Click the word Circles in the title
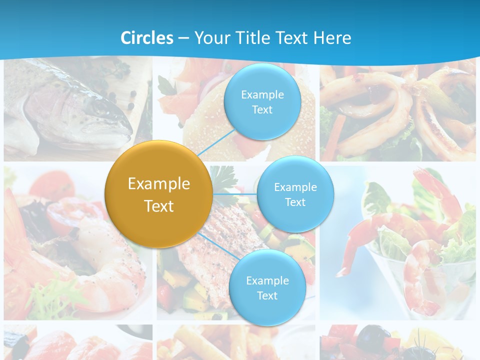[147, 38]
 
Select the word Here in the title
[332, 38]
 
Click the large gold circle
[159, 194]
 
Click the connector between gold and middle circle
[235, 193]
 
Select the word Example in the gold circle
[159, 183]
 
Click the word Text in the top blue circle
[262, 109]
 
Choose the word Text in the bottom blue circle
[267, 295]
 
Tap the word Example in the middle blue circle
[295, 187]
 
